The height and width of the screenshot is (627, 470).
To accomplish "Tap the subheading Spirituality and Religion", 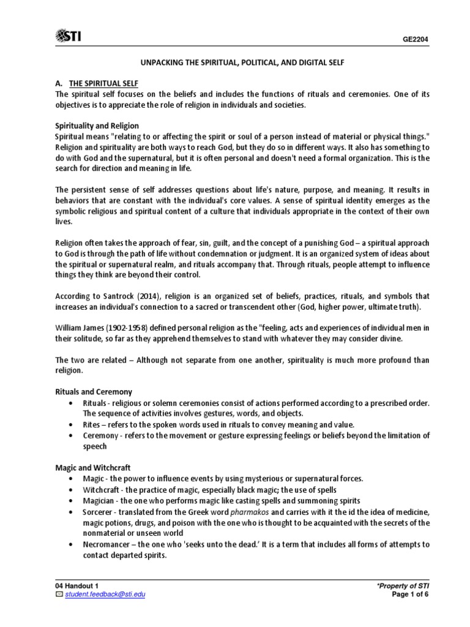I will tap(97, 126).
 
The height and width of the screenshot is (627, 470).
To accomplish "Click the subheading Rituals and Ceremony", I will tap(93, 391).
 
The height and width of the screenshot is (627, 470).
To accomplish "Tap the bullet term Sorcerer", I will tap(99, 511).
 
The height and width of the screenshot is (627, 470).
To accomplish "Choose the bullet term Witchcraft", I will tap(103, 490).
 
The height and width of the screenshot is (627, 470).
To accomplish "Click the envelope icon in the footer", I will tap(59, 595).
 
